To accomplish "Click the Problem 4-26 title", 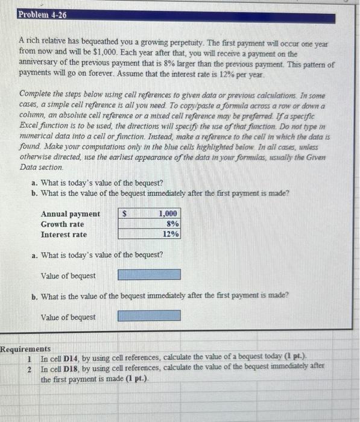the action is (x=42, y=14).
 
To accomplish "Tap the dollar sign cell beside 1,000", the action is (x=125, y=214).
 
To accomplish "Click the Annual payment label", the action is (x=71, y=214).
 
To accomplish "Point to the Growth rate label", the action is (x=63, y=224).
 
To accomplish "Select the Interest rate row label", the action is (x=64, y=235).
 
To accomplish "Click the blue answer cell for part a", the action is (x=149, y=276).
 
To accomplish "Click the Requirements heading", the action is (x=25, y=349).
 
